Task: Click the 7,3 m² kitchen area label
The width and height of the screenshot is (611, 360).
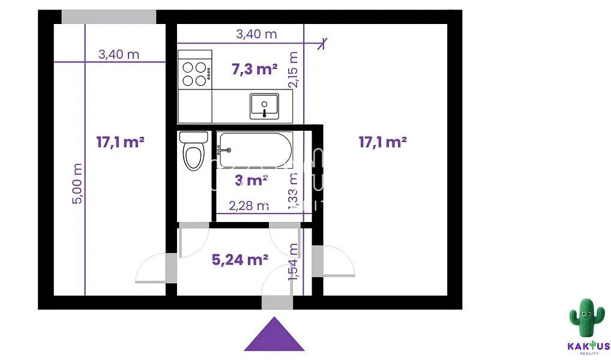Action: point(254,70)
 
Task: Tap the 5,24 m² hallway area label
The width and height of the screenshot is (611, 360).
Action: point(239,259)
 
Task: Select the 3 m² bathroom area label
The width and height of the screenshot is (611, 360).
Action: point(251,181)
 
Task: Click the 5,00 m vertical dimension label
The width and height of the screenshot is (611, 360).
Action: point(77,184)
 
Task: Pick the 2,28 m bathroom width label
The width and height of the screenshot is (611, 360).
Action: point(248,205)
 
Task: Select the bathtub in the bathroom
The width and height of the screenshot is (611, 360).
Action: point(254,150)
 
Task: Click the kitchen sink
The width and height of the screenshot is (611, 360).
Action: point(264,106)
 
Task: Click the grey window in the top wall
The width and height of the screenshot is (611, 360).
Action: point(109,17)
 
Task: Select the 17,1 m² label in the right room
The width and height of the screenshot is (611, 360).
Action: point(383,142)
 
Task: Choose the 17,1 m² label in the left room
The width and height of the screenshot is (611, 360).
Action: point(121,142)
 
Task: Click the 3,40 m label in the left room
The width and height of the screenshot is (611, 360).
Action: point(119,54)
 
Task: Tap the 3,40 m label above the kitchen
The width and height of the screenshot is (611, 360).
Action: point(256,34)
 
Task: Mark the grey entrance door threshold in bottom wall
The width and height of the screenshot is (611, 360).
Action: point(277,303)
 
